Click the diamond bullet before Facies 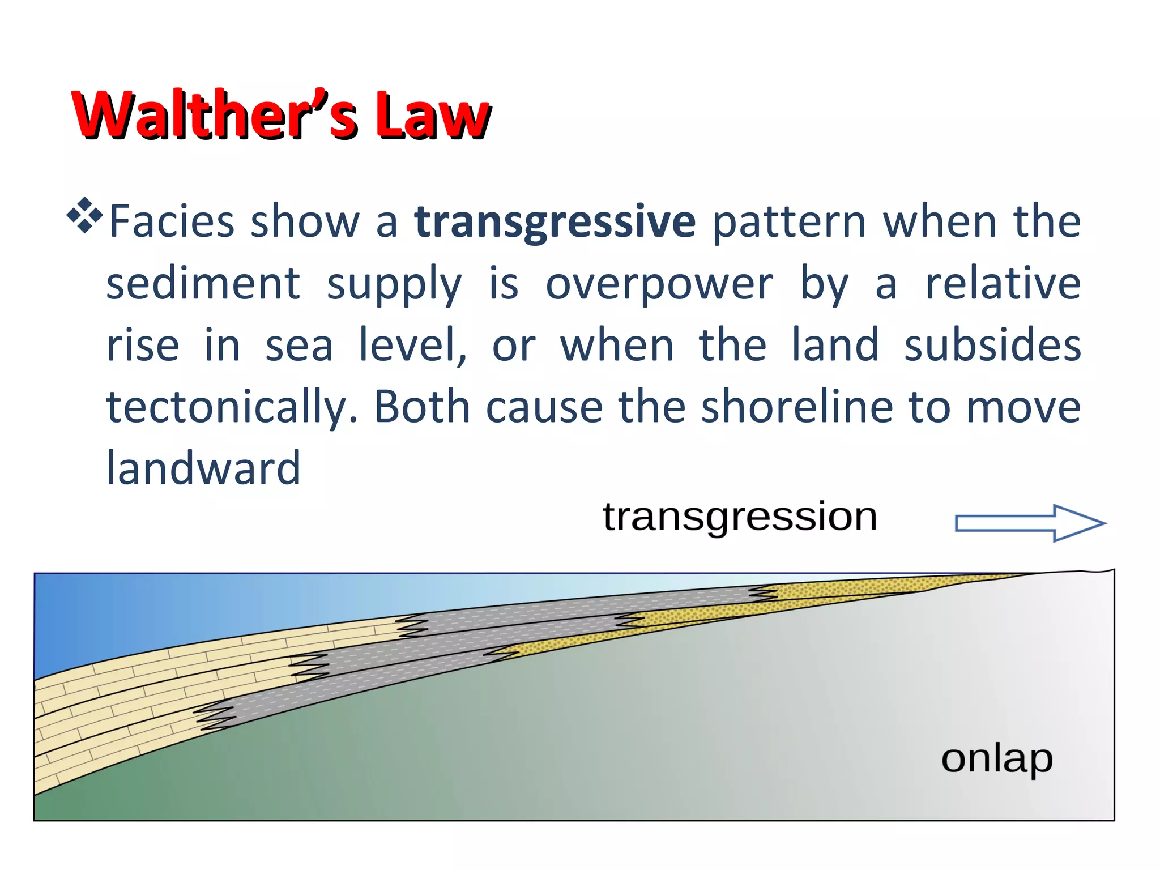point(84,215)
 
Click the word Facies point(172,221)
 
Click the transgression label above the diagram point(740,517)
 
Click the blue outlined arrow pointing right point(1030,523)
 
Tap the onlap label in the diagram point(997,759)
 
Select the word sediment point(203,284)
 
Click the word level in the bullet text point(413,346)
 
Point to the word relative point(1003,284)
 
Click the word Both point(422,407)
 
